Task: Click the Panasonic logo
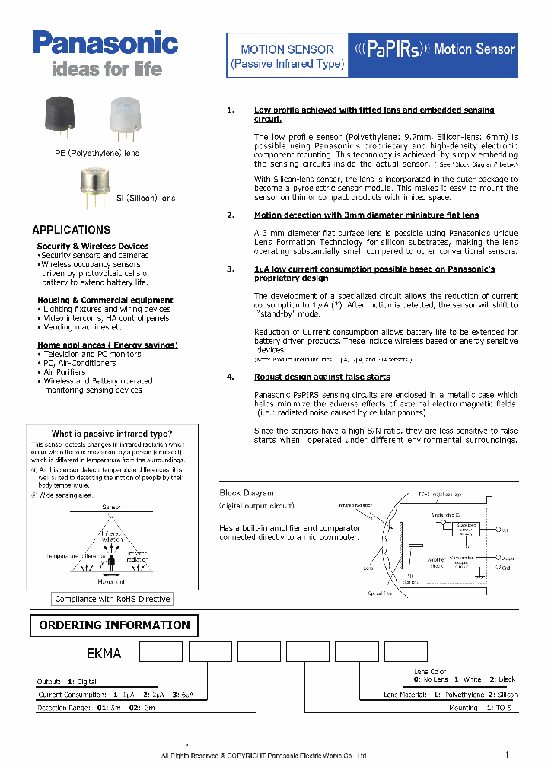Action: pyautogui.click(x=105, y=43)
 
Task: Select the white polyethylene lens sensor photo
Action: pyautogui.click(x=125, y=115)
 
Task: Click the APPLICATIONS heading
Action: pyautogui.click(x=71, y=230)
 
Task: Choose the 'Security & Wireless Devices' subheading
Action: pyautogui.click(x=93, y=246)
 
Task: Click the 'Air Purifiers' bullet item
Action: pyautogui.click(x=64, y=372)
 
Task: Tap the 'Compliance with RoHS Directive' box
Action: pyautogui.click(x=113, y=599)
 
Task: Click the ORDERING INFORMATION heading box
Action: pyautogui.click(x=114, y=625)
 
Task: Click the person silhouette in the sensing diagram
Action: pyautogui.click(x=113, y=563)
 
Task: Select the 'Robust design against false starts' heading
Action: pyautogui.click(x=322, y=377)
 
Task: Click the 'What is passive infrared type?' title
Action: pyautogui.click(x=112, y=434)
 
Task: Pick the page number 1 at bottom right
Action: pyautogui.click(x=507, y=754)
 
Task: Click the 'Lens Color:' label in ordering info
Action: pyautogui.click(x=432, y=671)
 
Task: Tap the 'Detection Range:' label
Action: pyautogui.click(x=64, y=708)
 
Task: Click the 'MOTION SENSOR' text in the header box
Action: pyautogui.click(x=287, y=49)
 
